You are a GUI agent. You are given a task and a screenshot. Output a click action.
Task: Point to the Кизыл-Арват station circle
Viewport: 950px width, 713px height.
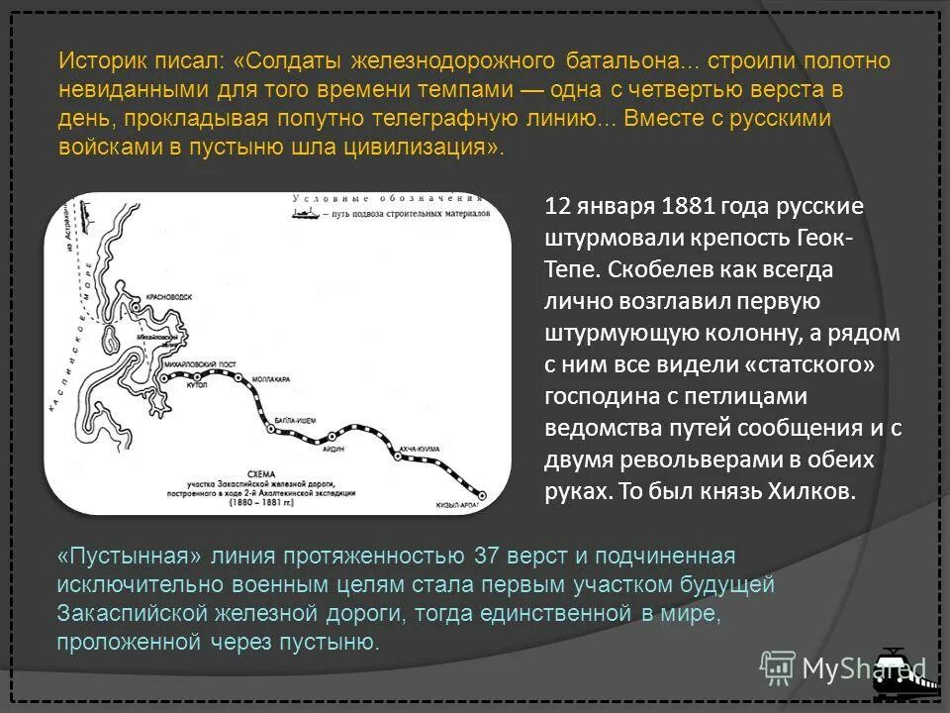(x=482, y=494)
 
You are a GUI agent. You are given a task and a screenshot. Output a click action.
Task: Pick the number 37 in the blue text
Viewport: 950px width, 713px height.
(x=489, y=556)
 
